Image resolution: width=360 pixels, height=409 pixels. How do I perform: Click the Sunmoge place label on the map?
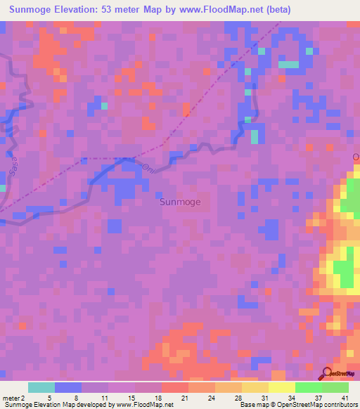click(x=180, y=202)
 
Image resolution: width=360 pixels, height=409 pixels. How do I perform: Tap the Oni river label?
click(x=148, y=167)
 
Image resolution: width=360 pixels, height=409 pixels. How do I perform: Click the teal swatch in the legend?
click(x=41, y=387)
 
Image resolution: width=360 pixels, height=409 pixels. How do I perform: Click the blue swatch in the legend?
click(x=68, y=387)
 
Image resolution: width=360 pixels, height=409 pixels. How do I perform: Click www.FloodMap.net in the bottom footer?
click(x=145, y=405)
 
